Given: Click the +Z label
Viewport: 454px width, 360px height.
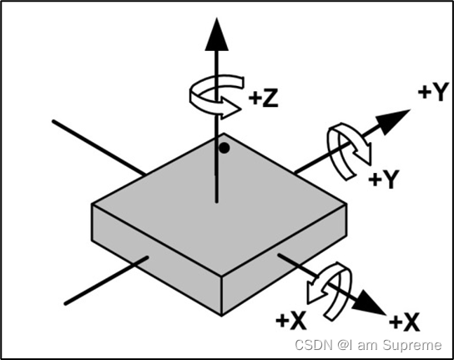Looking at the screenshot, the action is coord(263,98).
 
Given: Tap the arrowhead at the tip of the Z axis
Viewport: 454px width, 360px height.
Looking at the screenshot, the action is coord(217,34).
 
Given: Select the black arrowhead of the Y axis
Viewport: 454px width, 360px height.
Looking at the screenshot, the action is coord(393,121).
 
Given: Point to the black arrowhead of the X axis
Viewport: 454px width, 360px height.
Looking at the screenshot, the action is coord(371,302).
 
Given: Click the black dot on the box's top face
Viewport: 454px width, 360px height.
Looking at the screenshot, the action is coord(224,148).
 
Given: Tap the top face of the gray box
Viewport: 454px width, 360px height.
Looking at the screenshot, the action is coord(219,205).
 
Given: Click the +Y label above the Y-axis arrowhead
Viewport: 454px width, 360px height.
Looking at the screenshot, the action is coord(433,92).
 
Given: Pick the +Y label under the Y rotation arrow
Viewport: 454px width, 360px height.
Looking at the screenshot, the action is coord(384,179).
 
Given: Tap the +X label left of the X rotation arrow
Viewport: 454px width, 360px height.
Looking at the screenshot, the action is coord(291,321).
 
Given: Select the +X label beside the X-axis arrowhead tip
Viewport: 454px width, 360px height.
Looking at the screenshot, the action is coord(404,322).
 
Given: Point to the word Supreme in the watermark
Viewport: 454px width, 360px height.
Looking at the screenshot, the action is coord(411,346).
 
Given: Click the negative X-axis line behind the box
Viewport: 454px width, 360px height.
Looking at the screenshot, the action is coord(99,148).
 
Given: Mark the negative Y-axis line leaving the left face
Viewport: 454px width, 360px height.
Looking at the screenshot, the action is coord(106,281).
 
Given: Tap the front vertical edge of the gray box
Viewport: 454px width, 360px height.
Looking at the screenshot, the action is coord(221,296).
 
